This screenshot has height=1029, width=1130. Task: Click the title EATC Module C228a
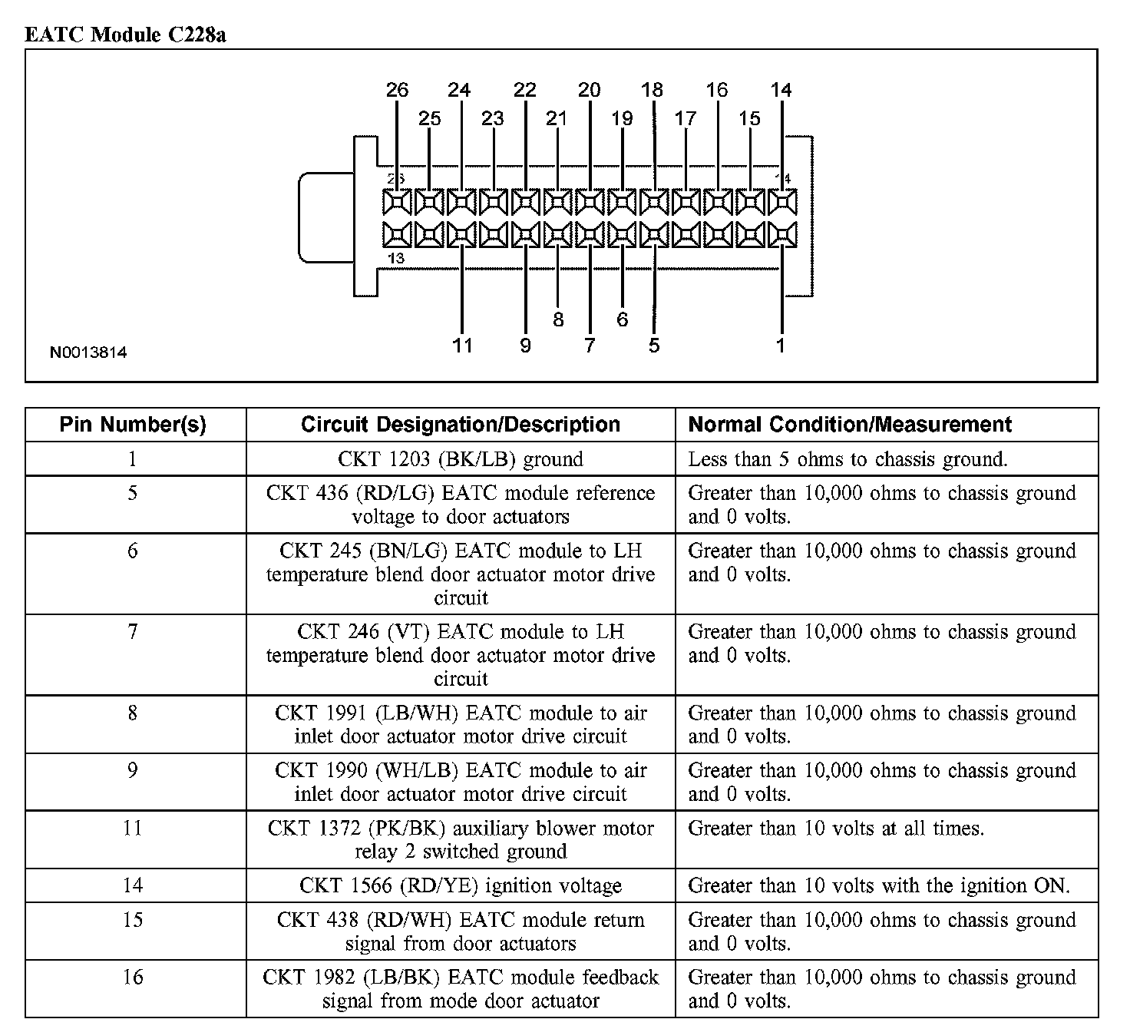pos(125,35)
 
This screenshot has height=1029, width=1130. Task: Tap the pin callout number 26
pos(397,90)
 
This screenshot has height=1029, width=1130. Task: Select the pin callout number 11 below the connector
pos(462,346)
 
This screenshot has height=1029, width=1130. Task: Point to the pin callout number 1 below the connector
pos(781,346)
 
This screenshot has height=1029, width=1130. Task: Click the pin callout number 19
pos(622,118)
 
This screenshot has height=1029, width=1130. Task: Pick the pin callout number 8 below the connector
pos(558,319)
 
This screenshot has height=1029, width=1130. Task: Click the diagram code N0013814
pos(88,353)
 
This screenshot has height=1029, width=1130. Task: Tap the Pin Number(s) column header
pos(133,425)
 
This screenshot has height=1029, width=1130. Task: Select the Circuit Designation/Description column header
pos(461,425)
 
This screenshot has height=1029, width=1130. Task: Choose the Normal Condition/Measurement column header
pos(850,425)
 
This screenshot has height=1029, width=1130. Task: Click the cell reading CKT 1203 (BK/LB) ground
pos(461,459)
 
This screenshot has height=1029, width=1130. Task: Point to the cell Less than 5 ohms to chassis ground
pos(847,459)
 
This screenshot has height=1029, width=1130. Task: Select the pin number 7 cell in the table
pos(133,632)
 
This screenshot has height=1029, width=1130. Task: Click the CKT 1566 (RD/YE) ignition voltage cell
pos(461,885)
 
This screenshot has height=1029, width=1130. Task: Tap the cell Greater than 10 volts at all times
pos(836,829)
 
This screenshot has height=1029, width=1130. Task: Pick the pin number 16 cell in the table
pos(133,978)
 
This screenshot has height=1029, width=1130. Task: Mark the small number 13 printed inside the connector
pos(396,259)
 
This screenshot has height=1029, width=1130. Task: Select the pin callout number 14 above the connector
pos(781,90)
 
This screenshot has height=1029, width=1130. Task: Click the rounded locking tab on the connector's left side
pos(324,217)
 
